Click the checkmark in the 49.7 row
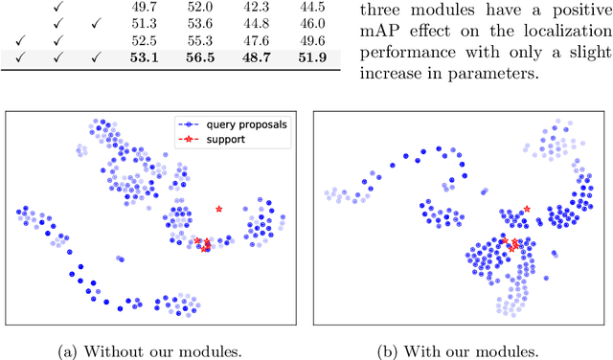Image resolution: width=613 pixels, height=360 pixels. pyautogui.click(x=58, y=7)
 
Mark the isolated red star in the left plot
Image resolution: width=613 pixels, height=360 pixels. pyautogui.click(x=219, y=208)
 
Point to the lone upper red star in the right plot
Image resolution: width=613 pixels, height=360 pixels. pyautogui.click(x=526, y=209)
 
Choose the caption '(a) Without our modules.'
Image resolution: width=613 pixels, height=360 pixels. pyautogui.click(x=154, y=349)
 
